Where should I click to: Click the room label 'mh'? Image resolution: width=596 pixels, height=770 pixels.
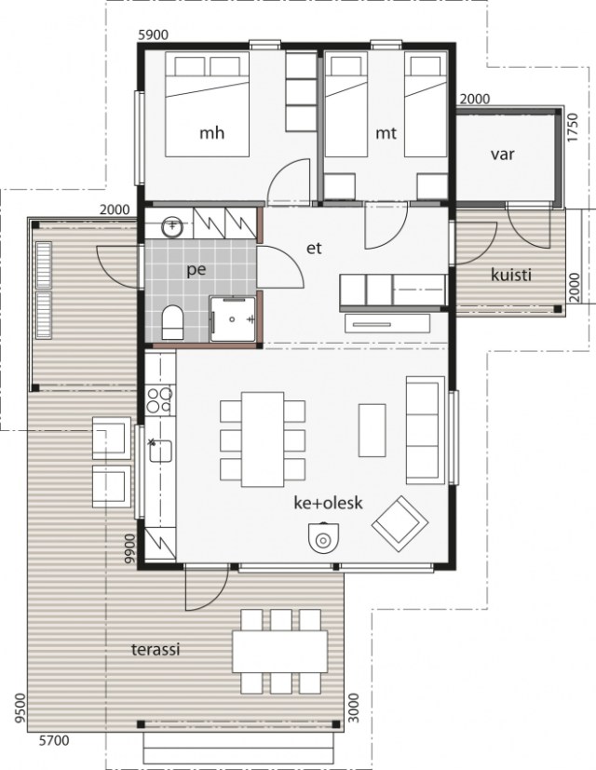tap(211, 133)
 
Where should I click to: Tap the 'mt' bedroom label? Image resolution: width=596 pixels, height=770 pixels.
tap(386, 133)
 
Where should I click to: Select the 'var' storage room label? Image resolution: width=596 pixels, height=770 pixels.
tap(503, 155)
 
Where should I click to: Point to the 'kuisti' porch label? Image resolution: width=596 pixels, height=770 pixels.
tap(511, 275)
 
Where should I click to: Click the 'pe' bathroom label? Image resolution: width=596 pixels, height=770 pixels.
tap(196, 270)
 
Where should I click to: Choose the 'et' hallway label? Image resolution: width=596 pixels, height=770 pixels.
tap(314, 248)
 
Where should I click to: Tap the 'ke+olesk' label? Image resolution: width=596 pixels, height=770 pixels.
tap(328, 503)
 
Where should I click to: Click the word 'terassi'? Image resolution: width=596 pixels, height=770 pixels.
tap(156, 650)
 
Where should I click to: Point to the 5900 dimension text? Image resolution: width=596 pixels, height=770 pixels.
tap(154, 34)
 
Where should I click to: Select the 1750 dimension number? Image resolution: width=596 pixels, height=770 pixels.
tap(574, 128)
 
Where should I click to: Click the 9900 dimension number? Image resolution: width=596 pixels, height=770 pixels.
tap(129, 548)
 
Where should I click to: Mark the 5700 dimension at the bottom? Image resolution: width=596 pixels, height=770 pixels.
tap(54, 740)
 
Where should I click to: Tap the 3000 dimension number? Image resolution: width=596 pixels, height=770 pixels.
tap(353, 709)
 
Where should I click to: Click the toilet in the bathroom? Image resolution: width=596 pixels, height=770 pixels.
tap(172, 322)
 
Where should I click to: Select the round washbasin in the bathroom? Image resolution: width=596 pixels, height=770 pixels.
tap(172, 227)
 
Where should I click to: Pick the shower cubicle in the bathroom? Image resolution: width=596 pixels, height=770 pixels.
tap(233, 318)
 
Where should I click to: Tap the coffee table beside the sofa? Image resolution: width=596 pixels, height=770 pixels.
tap(372, 430)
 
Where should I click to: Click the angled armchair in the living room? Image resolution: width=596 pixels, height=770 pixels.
tap(400, 524)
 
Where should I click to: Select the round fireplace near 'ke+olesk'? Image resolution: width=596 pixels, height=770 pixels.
tap(323, 538)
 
